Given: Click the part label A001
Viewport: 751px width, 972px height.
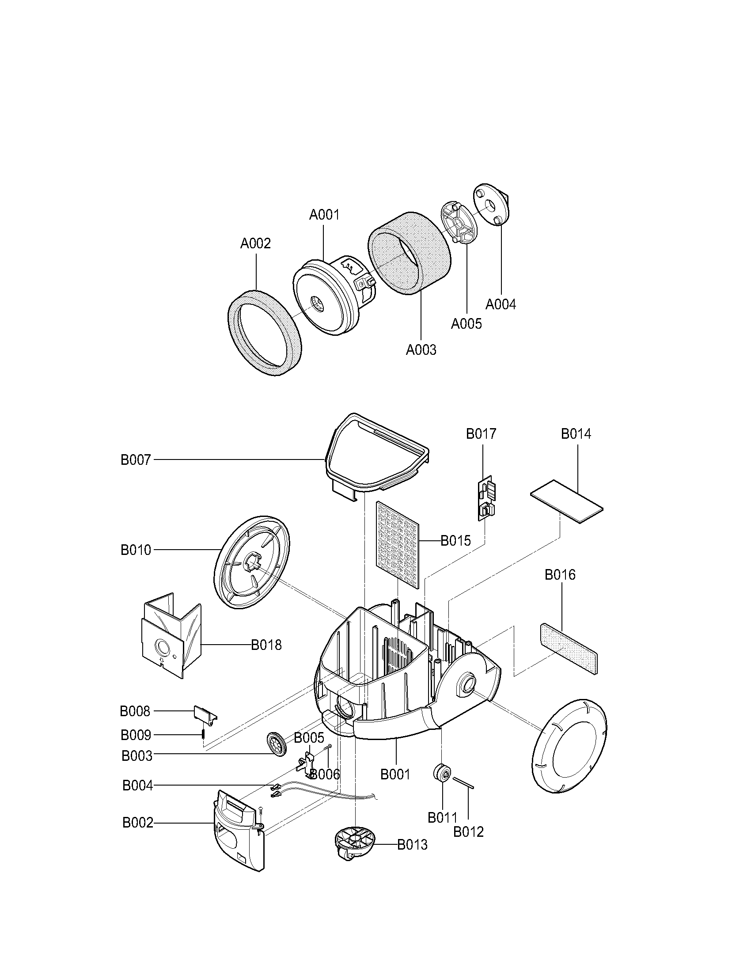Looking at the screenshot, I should click(x=324, y=215).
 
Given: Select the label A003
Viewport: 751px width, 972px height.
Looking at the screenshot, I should click(x=421, y=350).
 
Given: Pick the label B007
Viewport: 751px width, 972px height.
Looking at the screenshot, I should click(x=136, y=460).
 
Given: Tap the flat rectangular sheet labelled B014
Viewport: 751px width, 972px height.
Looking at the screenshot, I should click(x=566, y=501).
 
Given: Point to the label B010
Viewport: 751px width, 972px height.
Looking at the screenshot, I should click(x=136, y=550).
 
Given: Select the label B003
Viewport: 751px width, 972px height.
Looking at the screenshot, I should click(x=137, y=756).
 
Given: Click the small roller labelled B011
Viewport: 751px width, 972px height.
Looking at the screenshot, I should click(x=443, y=773).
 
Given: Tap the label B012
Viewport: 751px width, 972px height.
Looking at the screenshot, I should click(x=468, y=832).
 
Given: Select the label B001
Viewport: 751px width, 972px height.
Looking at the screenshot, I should click(x=395, y=775).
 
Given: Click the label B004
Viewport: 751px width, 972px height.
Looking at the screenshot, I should click(x=137, y=786).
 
